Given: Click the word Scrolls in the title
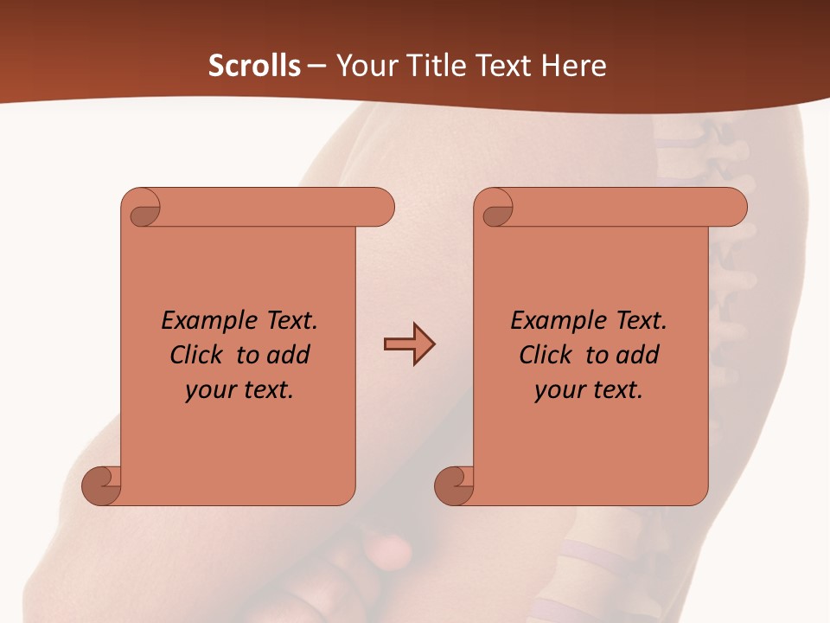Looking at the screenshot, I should [254, 66].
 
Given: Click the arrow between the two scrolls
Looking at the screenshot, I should [409, 344].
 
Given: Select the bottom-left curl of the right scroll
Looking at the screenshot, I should [456, 486].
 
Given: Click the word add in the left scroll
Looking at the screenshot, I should [290, 356].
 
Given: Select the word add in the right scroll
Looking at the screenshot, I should [639, 356].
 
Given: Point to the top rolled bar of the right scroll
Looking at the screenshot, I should [622, 208].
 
